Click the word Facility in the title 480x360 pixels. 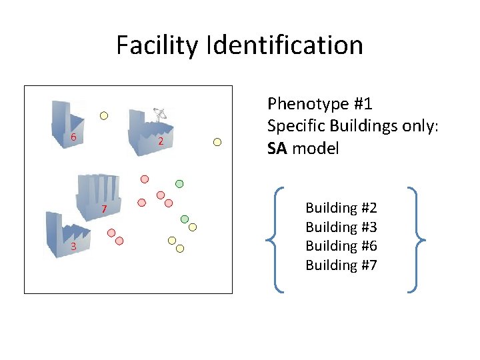tap(157, 45)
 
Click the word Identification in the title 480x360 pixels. tap(285, 45)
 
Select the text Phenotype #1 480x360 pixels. tap(319, 104)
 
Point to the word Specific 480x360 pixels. tap(295, 126)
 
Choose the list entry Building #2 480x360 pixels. tap(341, 208)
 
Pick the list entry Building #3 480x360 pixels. tap(341, 227)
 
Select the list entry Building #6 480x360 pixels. tap(341, 246)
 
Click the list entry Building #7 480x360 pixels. tap(341, 265)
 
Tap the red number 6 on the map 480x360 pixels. tap(73, 137)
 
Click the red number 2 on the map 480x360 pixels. tap(161, 141)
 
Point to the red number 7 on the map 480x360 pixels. tap(104, 211)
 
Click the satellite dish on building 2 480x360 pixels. tap(159, 113)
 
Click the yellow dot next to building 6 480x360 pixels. tap(104, 115)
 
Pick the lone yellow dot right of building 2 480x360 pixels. tap(217, 141)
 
